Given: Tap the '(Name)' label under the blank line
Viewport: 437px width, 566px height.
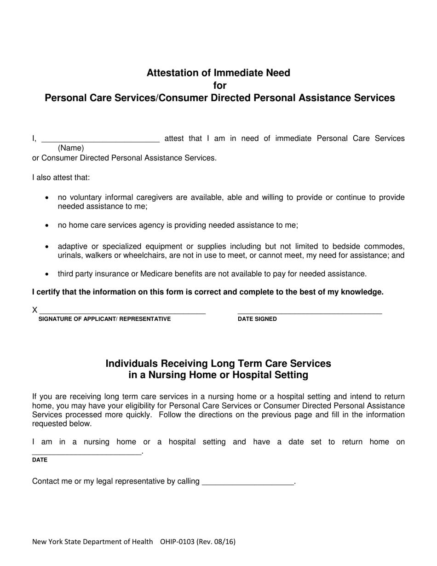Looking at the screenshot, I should pos(71,148).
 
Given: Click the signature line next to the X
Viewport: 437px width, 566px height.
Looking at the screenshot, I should pos(122,311).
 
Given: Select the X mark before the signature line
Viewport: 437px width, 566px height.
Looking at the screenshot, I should pos(34,310).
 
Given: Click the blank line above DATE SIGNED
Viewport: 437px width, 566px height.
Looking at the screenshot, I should pos(310,311).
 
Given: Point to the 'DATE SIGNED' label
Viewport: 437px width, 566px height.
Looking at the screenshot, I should pos(257,319).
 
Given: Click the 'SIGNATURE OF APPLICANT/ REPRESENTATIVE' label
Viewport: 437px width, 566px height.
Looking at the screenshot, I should pos(104,319).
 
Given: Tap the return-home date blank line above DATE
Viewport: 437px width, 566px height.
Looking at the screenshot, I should pos(87,452).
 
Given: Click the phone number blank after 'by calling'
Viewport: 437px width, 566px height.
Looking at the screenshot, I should pos(248,482).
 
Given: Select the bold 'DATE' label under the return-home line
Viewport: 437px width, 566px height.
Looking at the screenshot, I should pos(40,460).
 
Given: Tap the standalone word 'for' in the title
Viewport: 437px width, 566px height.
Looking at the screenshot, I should pos(220,86).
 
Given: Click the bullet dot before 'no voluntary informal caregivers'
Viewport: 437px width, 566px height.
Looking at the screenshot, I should pos(47,198).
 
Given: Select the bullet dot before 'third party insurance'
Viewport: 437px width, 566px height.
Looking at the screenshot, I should pos(47,274).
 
